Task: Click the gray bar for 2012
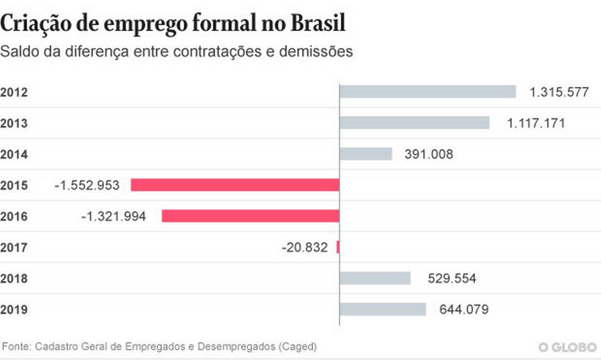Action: (427, 92)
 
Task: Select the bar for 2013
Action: (414, 123)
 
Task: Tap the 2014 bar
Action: (365, 154)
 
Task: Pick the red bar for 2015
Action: (235, 185)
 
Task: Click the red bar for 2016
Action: (250, 216)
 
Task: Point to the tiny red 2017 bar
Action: (338, 247)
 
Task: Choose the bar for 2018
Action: (375, 278)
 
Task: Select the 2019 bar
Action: (382, 309)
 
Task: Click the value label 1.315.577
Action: (558, 92)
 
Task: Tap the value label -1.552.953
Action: (87, 185)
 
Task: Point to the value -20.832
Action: (304, 247)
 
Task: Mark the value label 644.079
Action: (464, 310)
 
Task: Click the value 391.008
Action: (428, 154)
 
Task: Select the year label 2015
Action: (14, 185)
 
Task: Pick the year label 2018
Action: (14, 279)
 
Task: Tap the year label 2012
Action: (14, 92)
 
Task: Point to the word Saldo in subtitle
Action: (18, 52)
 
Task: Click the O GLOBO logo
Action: (568, 347)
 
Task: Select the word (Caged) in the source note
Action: (298, 347)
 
